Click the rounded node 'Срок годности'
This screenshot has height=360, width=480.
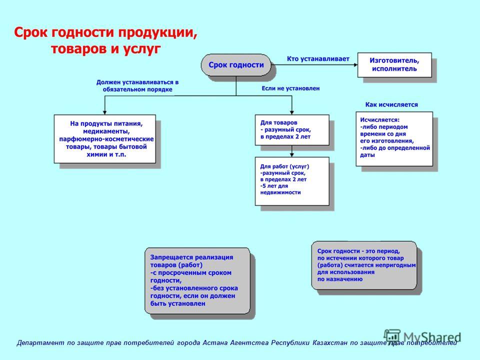point(236,65)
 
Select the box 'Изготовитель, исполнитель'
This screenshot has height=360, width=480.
point(394,65)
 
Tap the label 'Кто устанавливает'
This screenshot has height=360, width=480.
point(318,59)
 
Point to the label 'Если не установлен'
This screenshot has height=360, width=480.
point(290,88)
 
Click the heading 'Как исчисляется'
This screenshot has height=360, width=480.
point(391,104)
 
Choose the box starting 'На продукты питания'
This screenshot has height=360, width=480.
point(105,139)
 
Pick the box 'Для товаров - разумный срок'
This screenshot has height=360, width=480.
point(292,130)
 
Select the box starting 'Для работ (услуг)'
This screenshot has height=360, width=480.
point(292,181)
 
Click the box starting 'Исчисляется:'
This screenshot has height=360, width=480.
point(394,139)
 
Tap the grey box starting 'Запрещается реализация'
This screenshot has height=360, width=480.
point(197,280)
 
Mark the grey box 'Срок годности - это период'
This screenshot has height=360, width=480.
point(364,265)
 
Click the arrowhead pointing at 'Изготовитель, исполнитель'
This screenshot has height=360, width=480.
point(355,65)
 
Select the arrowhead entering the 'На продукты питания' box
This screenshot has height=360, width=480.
point(104,112)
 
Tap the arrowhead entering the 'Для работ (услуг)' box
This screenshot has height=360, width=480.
point(292,155)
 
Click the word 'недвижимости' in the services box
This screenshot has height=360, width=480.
point(280,192)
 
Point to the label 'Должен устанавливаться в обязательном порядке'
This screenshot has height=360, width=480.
point(137,86)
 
